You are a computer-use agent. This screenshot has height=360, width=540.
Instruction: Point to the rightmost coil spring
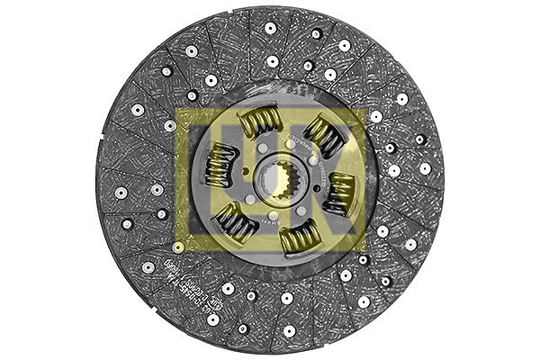(x=339, y=193)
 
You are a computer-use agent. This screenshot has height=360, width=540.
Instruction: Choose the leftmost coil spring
(x=219, y=166)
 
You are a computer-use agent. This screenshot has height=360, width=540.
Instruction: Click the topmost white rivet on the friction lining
(x=269, y=28)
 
